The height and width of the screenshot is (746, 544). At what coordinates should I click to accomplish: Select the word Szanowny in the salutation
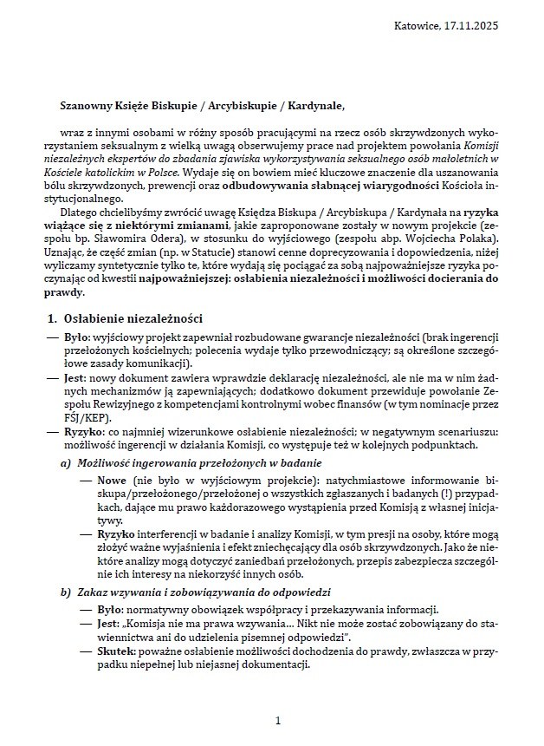[89, 107]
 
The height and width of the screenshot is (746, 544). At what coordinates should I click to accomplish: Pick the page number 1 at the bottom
[278, 720]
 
